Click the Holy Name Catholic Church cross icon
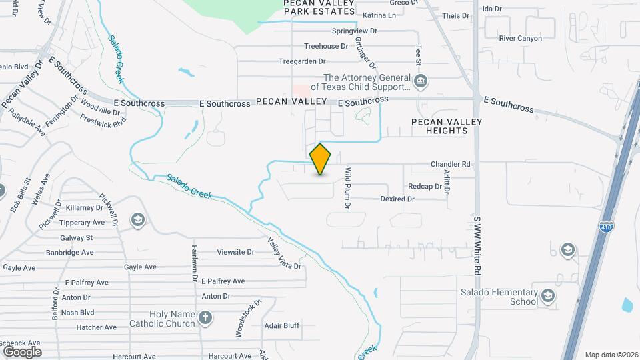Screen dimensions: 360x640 tap(206, 319)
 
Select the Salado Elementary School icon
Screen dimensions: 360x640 tap(547, 296)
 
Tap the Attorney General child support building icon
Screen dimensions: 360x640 tap(421, 82)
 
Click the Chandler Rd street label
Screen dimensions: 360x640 tap(451, 164)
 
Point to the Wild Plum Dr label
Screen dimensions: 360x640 tap(347, 189)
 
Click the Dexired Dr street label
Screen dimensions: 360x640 tap(397, 199)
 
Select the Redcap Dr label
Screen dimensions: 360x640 tap(425, 187)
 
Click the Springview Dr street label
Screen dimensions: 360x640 tap(355, 31)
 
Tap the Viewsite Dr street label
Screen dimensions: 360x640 tap(236, 252)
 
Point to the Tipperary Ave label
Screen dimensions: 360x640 tap(82, 223)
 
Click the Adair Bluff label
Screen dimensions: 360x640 tap(282, 326)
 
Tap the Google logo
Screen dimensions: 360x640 tap(22, 351)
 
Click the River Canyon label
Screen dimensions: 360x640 tap(521, 39)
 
